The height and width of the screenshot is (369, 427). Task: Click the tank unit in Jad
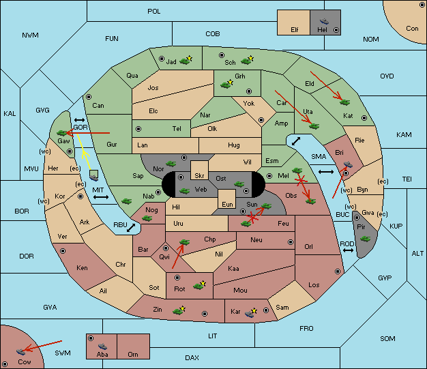click(x=185, y=61)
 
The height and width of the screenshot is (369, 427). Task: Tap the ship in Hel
click(x=324, y=21)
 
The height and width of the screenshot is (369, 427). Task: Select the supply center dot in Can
click(x=89, y=97)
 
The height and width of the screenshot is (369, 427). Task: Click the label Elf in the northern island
click(x=295, y=30)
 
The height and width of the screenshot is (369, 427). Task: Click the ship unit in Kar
click(x=250, y=314)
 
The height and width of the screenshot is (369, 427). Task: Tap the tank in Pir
click(x=365, y=239)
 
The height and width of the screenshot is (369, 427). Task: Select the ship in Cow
click(x=20, y=351)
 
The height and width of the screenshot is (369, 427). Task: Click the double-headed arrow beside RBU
click(x=131, y=228)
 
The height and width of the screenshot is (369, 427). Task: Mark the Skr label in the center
click(x=199, y=176)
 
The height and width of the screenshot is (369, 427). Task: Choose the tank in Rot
click(x=198, y=286)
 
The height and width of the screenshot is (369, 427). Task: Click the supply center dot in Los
click(x=338, y=271)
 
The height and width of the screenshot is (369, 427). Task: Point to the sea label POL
click(x=154, y=12)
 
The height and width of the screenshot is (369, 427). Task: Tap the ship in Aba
click(x=102, y=346)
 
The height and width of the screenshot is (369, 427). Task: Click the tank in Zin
click(x=178, y=311)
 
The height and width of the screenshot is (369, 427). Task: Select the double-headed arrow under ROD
click(x=348, y=250)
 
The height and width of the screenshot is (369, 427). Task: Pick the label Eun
click(x=227, y=205)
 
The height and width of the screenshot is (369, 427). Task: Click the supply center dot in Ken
click(x=63, y=251)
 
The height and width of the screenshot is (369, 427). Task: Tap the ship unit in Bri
click(x=348, y=164)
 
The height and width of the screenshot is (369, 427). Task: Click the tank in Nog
click(x=147, y=218)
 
